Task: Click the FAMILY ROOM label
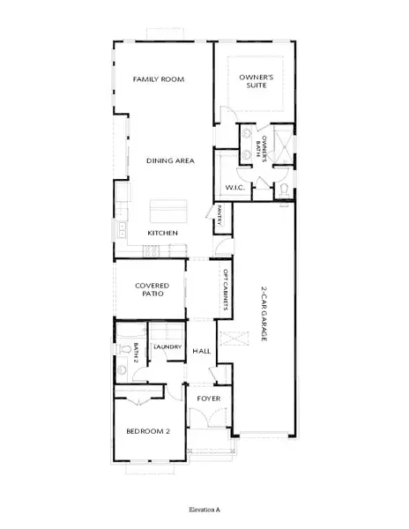[158, 79]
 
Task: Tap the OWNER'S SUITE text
[257, 80]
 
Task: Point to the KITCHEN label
[163, 233]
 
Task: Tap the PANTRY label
[219, 214]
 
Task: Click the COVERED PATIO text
[152, 290]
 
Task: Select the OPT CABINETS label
[226, 290]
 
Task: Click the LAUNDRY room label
[167, 347]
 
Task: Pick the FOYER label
[208, 398]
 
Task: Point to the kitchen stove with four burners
[150, 250]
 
